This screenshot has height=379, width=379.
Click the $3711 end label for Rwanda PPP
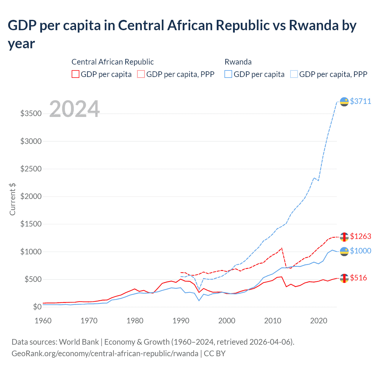click(x=360, y=101)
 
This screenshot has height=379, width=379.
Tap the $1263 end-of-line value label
click(x=360, y=236)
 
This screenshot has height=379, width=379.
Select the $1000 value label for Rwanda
click(x=360, y=251)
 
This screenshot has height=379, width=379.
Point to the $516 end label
click(x=358, y=278)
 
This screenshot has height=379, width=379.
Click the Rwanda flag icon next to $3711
click(x=344, y=102)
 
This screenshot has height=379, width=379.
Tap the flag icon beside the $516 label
click(x=344, y=278)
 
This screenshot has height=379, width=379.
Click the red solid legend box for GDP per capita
click(x=76, y=74)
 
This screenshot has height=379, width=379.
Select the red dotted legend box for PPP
click(x=141, y=74)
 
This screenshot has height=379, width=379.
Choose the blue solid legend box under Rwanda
click(x=228, y=74)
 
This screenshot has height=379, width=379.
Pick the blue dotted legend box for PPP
click(x=294, y=74)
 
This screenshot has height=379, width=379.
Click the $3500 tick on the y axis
click(x=31, y=114)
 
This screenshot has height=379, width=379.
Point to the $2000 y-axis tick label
click(x=31, y=197)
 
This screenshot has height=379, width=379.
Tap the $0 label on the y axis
click(x=37, y=307)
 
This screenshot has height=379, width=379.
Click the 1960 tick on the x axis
click(x=43, y=321)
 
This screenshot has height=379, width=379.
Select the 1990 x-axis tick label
click(x=181, y=321)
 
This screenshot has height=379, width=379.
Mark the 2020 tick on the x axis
click(x=319, y=321)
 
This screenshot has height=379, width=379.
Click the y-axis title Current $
click(x=12, y=199)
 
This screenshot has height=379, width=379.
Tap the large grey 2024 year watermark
click(x=74, y=109)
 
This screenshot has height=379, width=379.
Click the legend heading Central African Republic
click(x=113, y=62)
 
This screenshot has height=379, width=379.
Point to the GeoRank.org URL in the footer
click(x=105, y=354)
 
